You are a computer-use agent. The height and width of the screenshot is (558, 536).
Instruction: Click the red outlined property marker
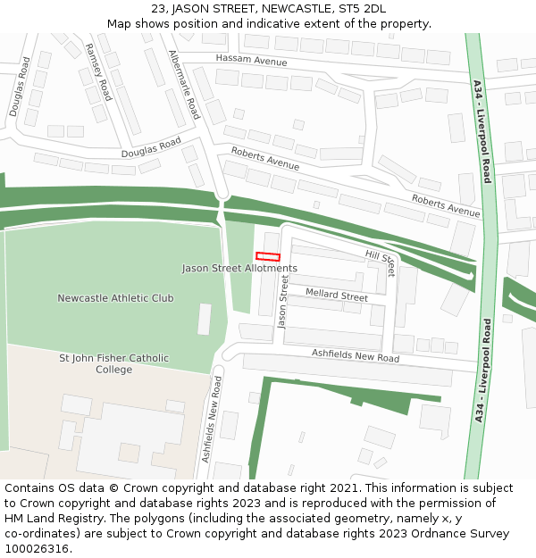[268, 257]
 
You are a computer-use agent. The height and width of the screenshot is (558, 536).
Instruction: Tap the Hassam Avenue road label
[251, 60]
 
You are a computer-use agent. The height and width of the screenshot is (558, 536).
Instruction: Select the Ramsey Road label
[97, 71]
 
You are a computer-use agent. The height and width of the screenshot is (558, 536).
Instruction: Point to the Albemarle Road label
[184, 85]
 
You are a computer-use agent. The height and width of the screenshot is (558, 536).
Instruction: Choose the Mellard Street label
[337, 295]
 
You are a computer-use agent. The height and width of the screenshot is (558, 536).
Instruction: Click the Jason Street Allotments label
[239, 268]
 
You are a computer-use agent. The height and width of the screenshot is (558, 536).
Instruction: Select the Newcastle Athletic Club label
[115, 298]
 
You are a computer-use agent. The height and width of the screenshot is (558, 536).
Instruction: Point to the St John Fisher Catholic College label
[113, 363]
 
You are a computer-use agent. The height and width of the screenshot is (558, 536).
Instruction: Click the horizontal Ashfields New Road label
[355, 355]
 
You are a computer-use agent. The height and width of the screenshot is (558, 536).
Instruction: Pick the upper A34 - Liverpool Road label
[482, 131]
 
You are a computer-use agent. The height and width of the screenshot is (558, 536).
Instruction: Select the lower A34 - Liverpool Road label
[482, 371]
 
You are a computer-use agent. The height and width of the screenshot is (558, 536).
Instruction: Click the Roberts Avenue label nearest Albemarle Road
[265, 158]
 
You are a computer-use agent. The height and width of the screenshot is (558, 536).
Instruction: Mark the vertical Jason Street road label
[283, 302]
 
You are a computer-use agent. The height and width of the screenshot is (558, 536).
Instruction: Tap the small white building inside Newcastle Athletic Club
[205, 319]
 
